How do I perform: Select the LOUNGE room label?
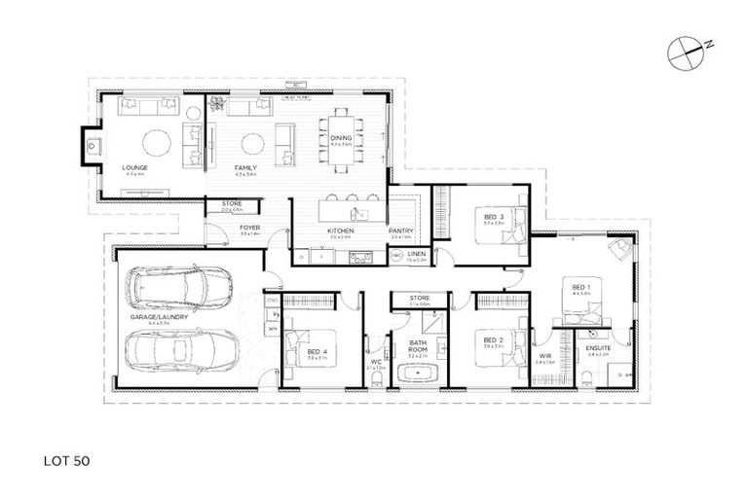[134, 168]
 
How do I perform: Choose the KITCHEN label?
[339, 231]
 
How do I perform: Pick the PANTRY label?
[401, 231]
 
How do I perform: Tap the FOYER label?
[249, 230]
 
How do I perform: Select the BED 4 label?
[315, 353]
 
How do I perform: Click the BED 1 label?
[580, 287]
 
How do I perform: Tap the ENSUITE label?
[597, 348]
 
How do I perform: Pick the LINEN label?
[416, 253]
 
